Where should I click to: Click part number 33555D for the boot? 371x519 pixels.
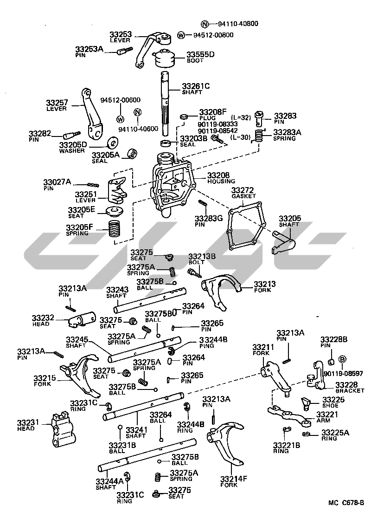pyautogui.click(x=200, y=55)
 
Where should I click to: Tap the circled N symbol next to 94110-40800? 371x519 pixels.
pyautogui.click(x=205, y=24)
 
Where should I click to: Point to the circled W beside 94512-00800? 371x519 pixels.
pyautogui.click(x=181, y=35)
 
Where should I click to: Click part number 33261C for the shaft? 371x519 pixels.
pyautogui.click(x=196, y=86)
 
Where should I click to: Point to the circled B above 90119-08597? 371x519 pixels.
pyautogui.click(x=342, y=360)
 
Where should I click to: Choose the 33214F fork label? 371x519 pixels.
pyautogui.click(x=234, y=479)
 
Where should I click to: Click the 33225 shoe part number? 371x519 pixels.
pyautogui.click(x=334, y=399)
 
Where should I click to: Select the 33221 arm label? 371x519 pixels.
pyautogui.click(x=327, y=414)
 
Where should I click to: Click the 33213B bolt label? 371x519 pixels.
pyautogui.click(x=202, y=256)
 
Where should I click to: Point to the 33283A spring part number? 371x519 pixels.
pyautogui.click(x=287, y=132)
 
